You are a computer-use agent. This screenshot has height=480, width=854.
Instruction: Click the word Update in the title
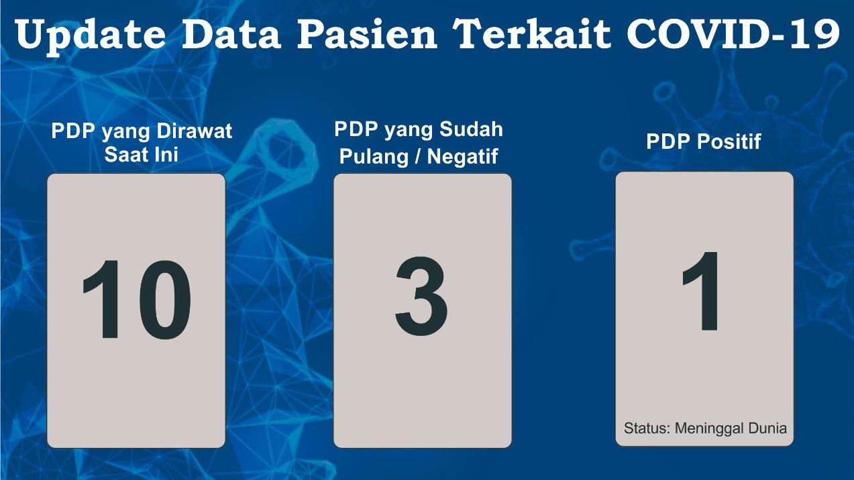[91, 36]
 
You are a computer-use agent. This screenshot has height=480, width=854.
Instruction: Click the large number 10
[136, 300]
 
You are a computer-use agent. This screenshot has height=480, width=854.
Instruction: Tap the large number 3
[421, 296]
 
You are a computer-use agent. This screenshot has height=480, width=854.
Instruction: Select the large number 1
[701, 292]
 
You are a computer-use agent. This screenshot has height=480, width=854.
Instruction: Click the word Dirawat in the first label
[194, 131]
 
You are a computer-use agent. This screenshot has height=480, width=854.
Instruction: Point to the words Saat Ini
[142, 155]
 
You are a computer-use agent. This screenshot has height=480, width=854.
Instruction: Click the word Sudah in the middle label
[471, 129]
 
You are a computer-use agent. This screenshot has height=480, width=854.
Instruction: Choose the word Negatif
[462, 156]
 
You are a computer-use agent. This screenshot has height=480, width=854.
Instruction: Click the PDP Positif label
[704, 141]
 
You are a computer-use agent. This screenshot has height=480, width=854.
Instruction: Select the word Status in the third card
[647, 428]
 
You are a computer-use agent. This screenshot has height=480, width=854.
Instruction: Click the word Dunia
[767, 428]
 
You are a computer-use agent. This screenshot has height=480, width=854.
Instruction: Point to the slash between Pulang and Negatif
[418, 156]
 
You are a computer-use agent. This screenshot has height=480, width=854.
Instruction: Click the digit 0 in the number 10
[165, 300]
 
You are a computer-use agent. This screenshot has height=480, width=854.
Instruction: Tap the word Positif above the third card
[729, 141]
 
